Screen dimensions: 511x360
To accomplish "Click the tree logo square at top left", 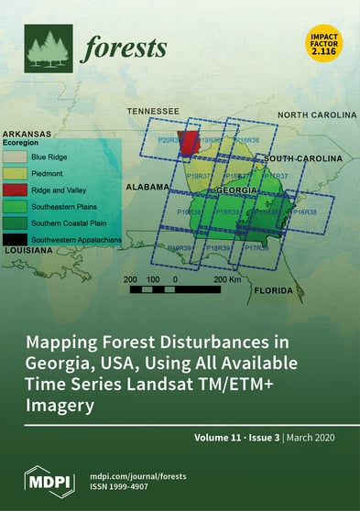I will pos(48,49).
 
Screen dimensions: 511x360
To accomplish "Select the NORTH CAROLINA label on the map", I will pos(316,115).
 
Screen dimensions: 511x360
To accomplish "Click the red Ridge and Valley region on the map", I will pos(189,144).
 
